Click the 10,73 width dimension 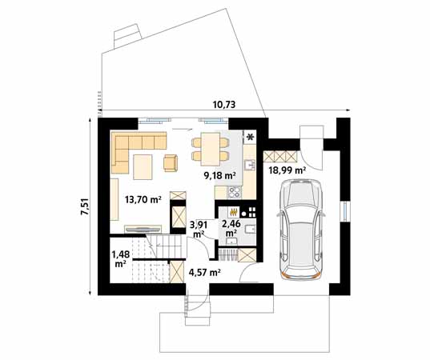(x=223, y=104)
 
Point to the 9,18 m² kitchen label (x=219, y=174)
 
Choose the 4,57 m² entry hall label (x=204, y=272)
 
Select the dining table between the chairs (x=207, y=149)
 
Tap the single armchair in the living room (x=170, y=163)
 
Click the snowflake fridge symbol (x=250, y=138)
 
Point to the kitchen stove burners (x=235, y=193)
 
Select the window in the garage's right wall (x=344, y=210)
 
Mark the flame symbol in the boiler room (x=234, y=213)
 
